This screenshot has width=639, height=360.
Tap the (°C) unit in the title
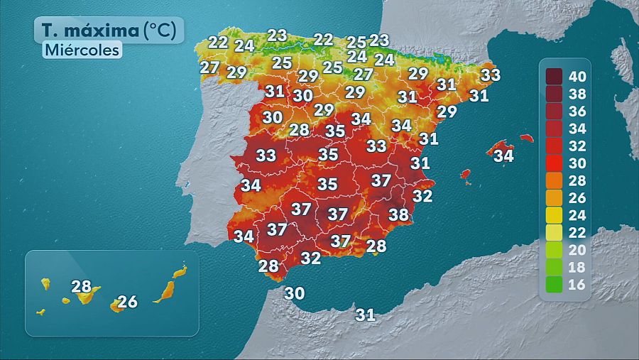pyautogui.click(x=164, y=31)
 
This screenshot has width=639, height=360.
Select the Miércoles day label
pyautogui.click(x=82, y=50)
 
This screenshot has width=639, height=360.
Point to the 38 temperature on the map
pyautogui.click(x=398, y=214)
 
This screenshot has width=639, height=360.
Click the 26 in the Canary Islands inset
pyautogui.click(x=127, y=302)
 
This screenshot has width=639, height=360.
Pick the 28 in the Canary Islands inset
pyautogui.click(x=82, y=287)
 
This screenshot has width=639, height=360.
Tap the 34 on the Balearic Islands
pyautogui.click(x=503, y=155)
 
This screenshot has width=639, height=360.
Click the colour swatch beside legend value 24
pyautogui.click(x=555, y=214)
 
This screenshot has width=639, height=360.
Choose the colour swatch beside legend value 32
pyautogui.click(x=555, y=145)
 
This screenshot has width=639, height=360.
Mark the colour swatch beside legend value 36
pyautogui.click(x=555, y=110)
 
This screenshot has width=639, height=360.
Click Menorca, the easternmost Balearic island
pyautogui.click(x=526, y=138)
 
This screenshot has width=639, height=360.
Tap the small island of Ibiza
pyautogui.click(x=466, y=174)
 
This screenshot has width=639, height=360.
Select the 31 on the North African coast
pyautogui.click(x=365, y=314)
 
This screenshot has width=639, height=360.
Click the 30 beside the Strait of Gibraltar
pyautogui.click(x=295, y=293)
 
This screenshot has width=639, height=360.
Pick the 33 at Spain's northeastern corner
pyautogui.click(x=491, y=75)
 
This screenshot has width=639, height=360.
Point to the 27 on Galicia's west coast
pyautogui.click(x=209, y=67)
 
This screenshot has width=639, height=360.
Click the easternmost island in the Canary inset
pyautogui.click(x=180, y=271)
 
